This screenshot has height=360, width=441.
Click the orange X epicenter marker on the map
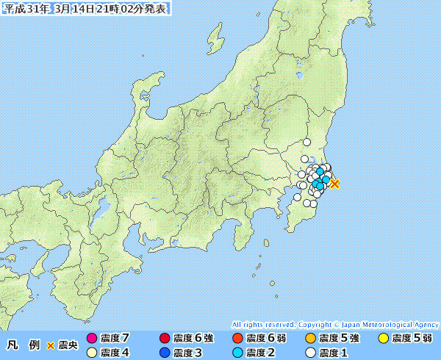pyautogui.click(x=334, y=184)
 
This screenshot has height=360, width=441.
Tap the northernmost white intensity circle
pyautogui.click(x=307, y=143)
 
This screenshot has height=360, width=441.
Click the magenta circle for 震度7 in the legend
pyautogui.click(x=92, y=339)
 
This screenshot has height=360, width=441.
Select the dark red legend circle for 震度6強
pyautogui.click(x=164, y=339)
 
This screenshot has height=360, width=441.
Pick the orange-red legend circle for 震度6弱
pyautogui.click(x=237, y=339)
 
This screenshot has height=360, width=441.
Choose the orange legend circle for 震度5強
pyautogui.click(x=310, y=339)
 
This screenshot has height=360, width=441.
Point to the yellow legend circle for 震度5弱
pyautogui.click(x=383, y=339)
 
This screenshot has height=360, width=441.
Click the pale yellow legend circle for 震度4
pyautogui.click(x=92, y=353)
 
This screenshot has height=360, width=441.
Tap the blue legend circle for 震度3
pyautogui.click(x=164, y=353)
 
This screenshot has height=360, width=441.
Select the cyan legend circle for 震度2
pyautogui.click(x=237, y=353)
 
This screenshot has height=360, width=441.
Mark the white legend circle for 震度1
pyautogui.click(x=310, y=353)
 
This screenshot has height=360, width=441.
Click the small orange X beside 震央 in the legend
pyautogui.click(x=51, y=345)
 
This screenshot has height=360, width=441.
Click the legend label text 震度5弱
pyautogui.click(x=412, y=339)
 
